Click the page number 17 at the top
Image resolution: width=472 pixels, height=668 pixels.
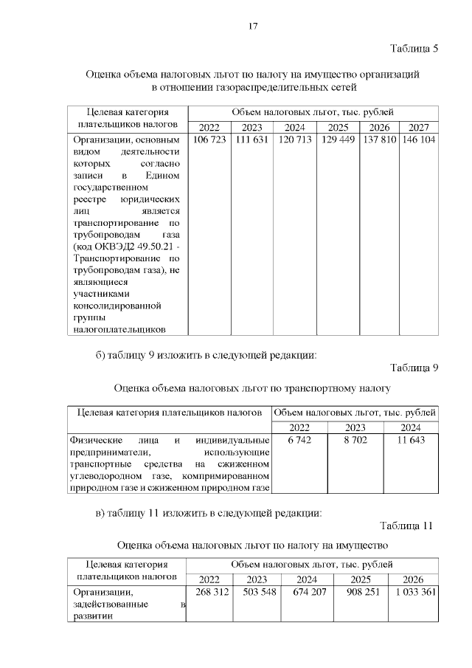pyautogui.click(x=252, y=27)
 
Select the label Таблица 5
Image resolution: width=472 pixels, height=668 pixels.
pyautogui.click(x=414, y=49)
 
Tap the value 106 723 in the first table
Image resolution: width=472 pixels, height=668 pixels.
pyautogui.click(x=209, y=140)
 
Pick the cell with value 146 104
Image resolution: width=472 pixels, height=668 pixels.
pyautogui.click(x=418, y=140)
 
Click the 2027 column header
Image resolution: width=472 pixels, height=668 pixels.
pyautogui.click(x=418, y=126)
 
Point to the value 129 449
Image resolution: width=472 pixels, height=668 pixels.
pyautogui.click(x=339, y=140)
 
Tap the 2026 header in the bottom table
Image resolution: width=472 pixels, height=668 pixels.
pyautogui.click(x=413, y=579)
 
